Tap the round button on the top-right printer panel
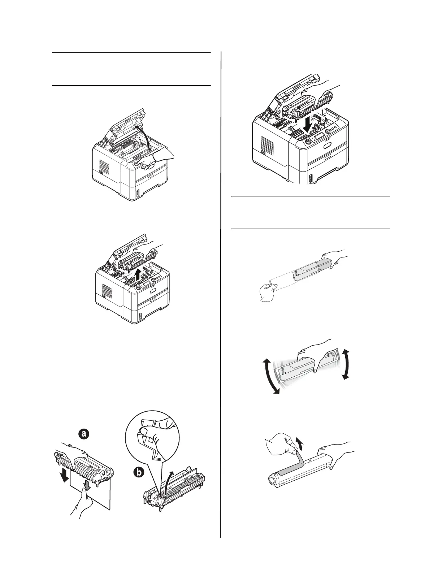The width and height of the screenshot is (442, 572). click(308, 142)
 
